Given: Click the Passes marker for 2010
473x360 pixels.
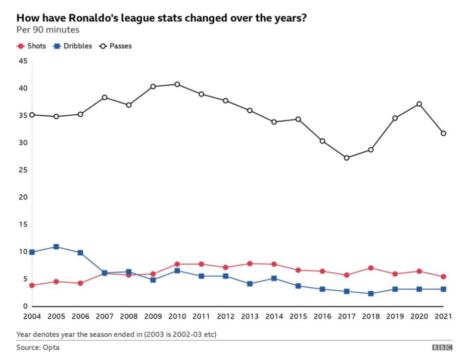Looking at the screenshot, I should coord(177,85).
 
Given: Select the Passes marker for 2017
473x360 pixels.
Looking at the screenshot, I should coord(347,158).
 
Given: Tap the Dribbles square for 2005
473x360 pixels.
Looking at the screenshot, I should coord(56,247).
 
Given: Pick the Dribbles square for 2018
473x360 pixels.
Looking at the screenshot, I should coord(371,294).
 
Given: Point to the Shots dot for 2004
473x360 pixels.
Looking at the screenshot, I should coord(32,285).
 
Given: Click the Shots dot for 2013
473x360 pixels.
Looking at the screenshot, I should coord(250,264).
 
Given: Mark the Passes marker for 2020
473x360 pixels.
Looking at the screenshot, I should coord(420,104).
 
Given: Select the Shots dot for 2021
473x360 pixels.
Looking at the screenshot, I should coord(444,277).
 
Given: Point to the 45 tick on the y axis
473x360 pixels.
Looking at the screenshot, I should coord(23,61).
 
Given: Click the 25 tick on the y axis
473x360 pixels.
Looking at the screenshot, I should coord(23,170).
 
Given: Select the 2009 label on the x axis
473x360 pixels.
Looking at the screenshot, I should coord(153,316).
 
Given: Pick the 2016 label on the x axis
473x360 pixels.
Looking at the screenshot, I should coord(323,316).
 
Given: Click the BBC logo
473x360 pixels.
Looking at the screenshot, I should coord(442,348).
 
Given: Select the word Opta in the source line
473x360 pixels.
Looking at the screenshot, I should coord(50,348).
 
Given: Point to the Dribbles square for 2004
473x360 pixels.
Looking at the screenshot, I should coord(32,252).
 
